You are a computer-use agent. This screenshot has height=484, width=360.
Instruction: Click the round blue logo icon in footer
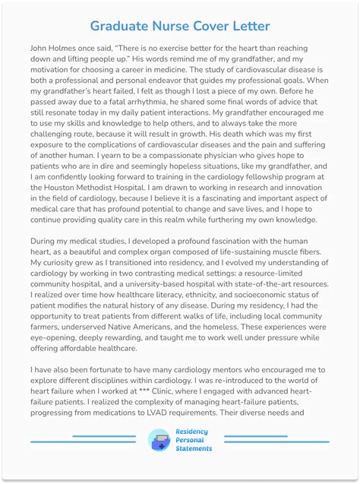pos(159,441)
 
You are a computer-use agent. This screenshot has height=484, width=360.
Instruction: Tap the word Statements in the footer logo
pos(194,448)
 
